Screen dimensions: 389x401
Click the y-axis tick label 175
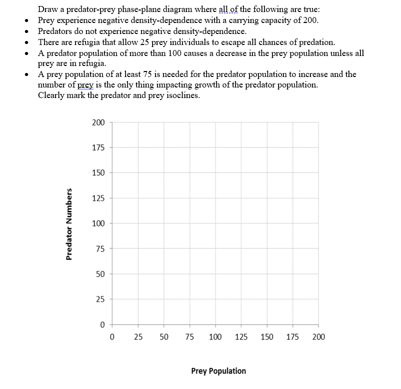point(98,147)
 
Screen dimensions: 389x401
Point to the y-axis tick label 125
point(98,198)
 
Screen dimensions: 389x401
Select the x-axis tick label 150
point(267,337)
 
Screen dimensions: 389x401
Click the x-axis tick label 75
point(189,337)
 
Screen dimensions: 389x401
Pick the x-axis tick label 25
point(137,337)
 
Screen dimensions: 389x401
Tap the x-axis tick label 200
point(318,337)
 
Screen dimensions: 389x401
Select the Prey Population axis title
point(218,371)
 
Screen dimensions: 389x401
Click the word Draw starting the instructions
point(47,9)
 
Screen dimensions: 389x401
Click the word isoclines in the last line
point(182,95)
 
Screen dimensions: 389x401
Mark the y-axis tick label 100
point(98,223)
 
